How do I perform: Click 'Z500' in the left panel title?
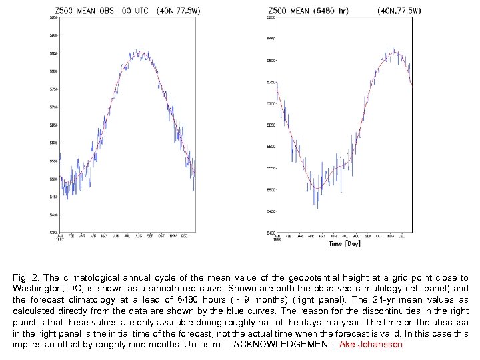[x=65, y=11]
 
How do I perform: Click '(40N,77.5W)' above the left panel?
[x=179, y=11]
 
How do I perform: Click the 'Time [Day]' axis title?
[x=344, y=244]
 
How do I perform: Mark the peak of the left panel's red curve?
[x=139, y=53]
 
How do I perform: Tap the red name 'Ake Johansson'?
[x=371, y=344]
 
